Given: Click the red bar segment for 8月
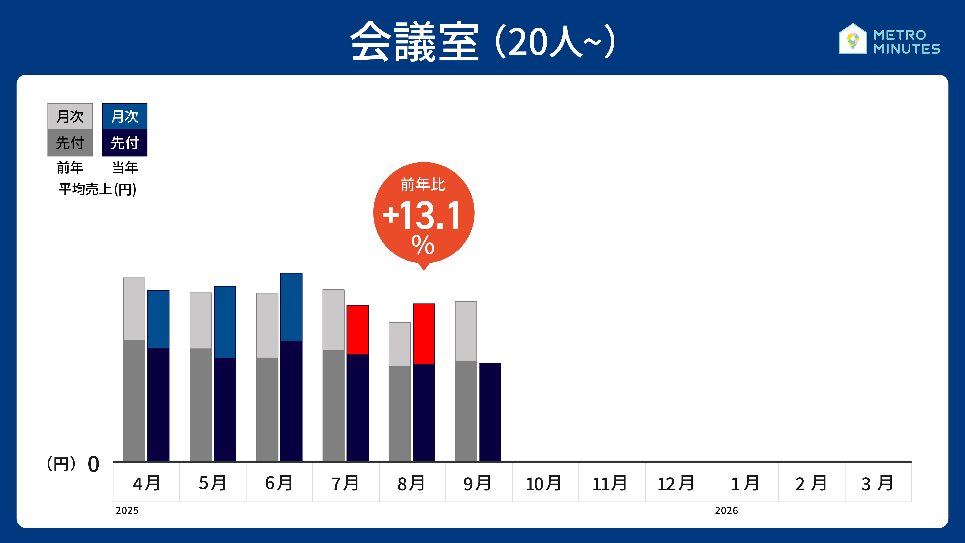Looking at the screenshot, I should point(424,334).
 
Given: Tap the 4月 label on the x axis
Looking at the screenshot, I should point(146,483).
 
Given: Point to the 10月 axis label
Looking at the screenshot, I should point(543,483).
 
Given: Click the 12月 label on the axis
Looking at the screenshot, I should point(676,483).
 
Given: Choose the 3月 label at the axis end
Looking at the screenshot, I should point(877,483).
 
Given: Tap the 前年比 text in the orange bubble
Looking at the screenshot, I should point(423,184).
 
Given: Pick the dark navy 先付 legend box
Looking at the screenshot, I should point(125,143).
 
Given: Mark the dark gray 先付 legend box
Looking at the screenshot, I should point(70,143).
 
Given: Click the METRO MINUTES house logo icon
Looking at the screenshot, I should point(853,39).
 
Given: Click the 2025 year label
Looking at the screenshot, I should point(127,510).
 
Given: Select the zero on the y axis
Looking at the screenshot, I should point(93,464).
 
